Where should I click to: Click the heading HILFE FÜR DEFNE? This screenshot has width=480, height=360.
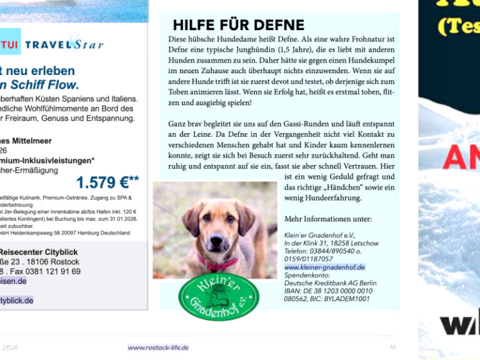(x=238, y=26)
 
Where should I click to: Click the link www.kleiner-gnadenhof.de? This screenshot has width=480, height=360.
(x=324, y=267)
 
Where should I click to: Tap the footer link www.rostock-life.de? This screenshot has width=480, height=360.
(x=158, y=347)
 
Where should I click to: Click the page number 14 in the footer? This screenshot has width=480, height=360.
(x=392, y=347)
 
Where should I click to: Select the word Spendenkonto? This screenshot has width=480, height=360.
(x=305, y=275)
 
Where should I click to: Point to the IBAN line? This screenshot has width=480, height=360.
(x=328, y=291)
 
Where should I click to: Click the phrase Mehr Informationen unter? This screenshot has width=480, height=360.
(x=327, y=219)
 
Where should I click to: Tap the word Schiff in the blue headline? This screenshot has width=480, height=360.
(x=34, y=85)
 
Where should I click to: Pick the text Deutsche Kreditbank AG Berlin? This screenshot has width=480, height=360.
(x=330, y=283)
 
